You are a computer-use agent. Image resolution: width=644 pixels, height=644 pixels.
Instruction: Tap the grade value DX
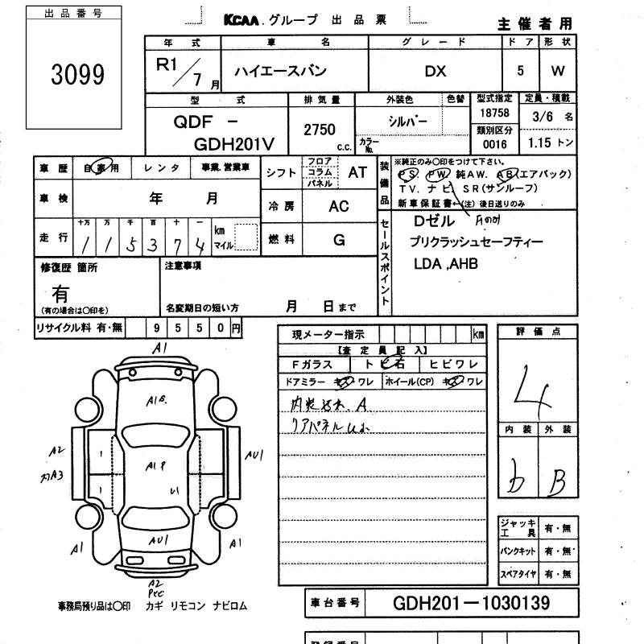pos(436,71)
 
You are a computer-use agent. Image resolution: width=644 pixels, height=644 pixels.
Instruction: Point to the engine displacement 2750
pos(320,130)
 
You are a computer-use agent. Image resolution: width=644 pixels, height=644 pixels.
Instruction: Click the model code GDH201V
pos(235,142)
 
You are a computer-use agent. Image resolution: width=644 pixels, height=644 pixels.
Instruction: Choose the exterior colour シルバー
pos(407,121)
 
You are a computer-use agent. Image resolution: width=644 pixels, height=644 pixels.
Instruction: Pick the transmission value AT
pos(357,172)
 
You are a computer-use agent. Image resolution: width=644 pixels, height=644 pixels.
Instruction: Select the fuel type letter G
pos(339,239)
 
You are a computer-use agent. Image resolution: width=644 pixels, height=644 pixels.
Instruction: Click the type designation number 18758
pos(493,114)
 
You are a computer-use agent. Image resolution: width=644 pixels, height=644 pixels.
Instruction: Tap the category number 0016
pos(493,144)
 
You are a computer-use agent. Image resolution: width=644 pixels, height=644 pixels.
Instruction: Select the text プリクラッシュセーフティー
pos(476,242)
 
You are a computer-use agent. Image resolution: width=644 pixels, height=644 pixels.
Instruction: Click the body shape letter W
pos(558,71)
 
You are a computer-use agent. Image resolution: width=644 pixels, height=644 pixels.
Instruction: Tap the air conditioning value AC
pos(339,206)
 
